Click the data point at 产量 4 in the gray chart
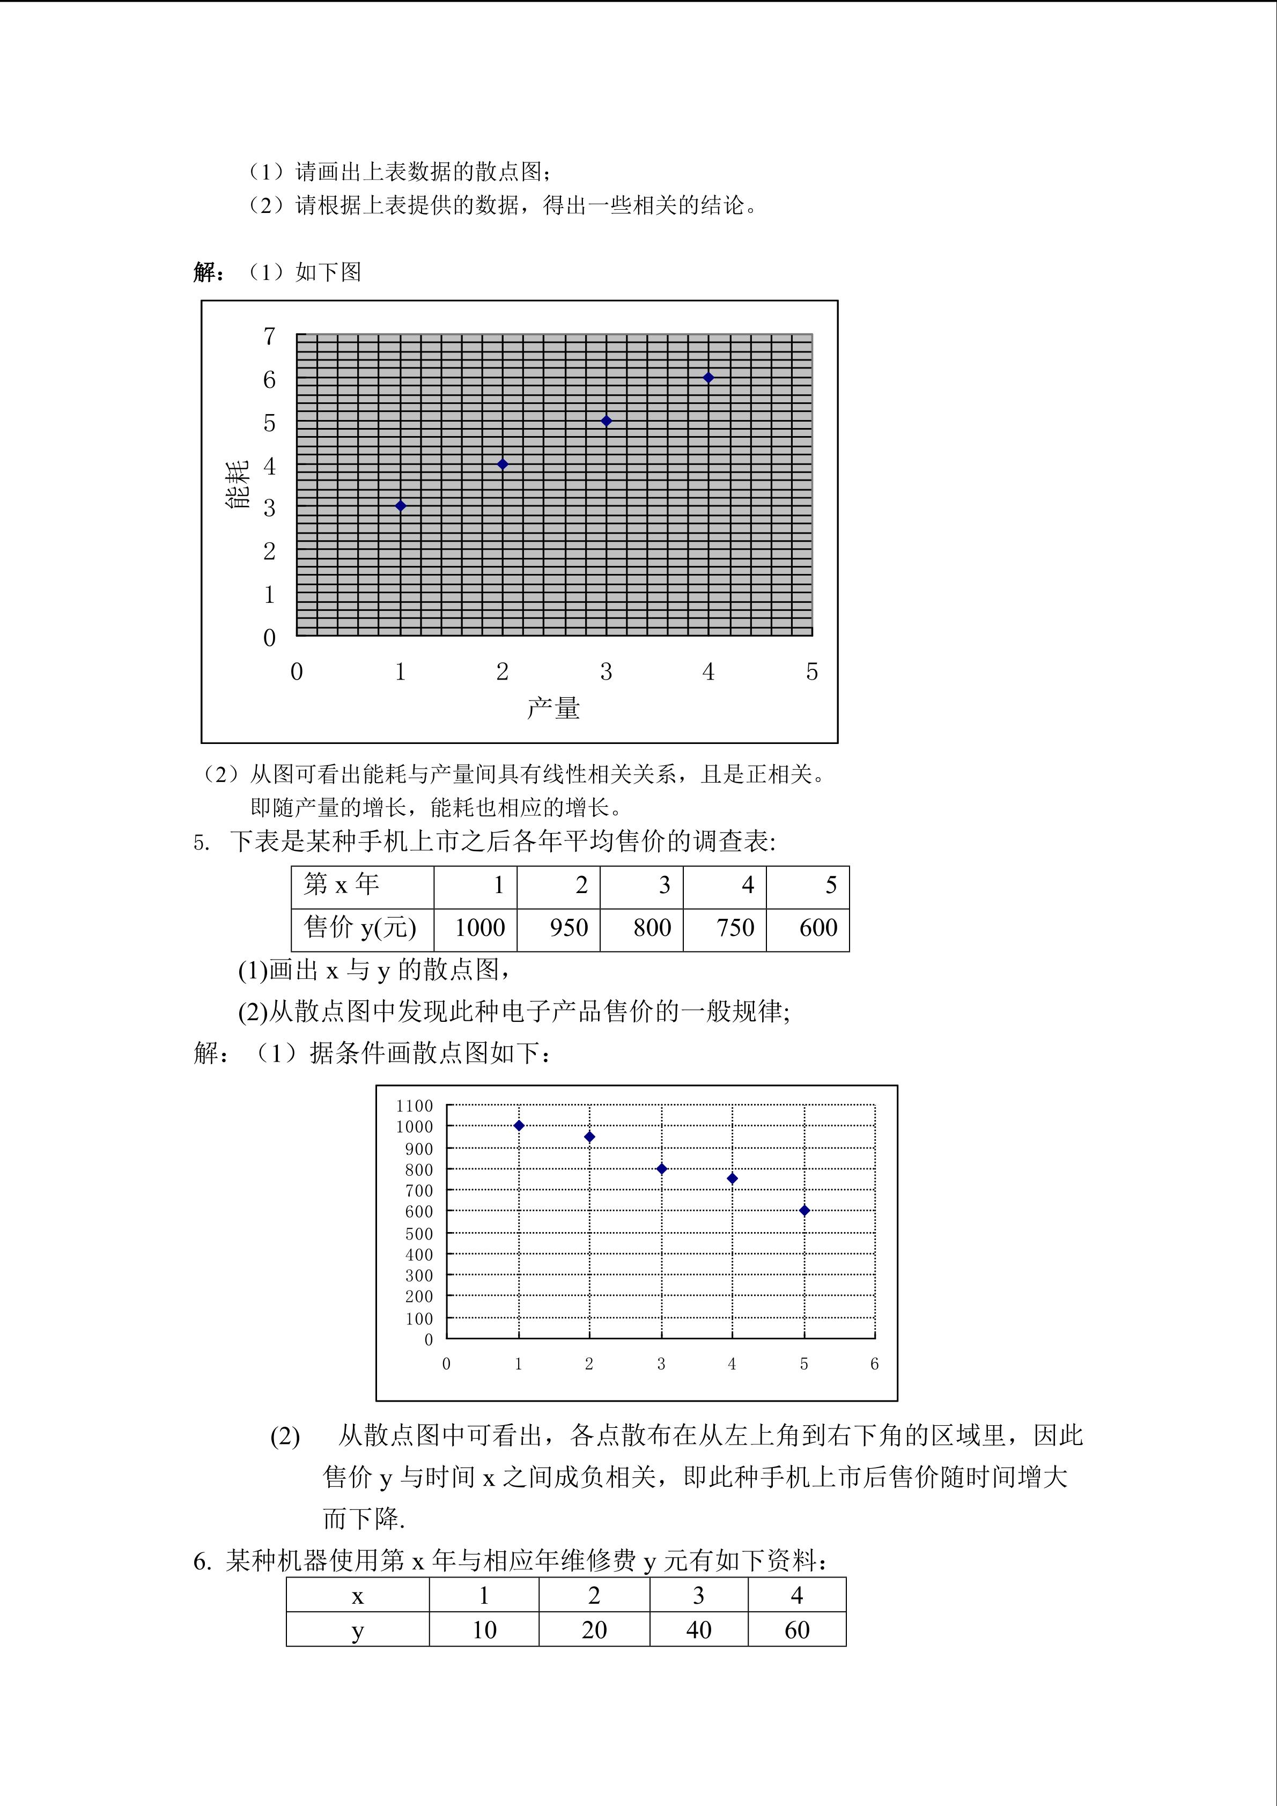[708, 378]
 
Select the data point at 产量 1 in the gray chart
[400, 506]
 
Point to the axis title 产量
[553, 708]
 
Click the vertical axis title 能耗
[238, 484]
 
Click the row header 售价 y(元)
[361, 928]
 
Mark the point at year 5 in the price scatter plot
[803, 1211]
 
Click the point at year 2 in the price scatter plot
[590, 1137]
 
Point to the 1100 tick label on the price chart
[415, 1106]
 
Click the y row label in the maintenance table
[358, 1630]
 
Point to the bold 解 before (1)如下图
[204, 272]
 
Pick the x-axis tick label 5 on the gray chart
[811, 672]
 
